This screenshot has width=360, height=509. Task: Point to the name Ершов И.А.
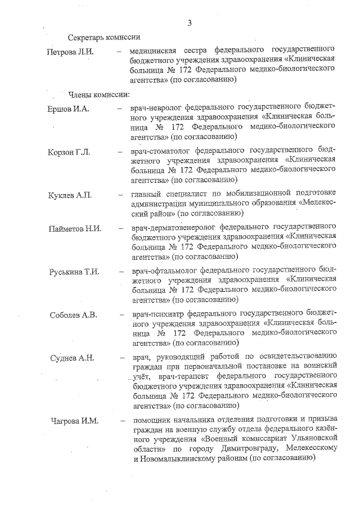click(69, 108)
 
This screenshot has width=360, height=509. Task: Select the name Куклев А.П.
click(70, 195)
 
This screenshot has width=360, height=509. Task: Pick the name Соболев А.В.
click(73, 315)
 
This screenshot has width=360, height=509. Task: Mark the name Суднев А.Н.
click(71, 358)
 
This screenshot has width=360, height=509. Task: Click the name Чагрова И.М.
click(73, 421)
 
